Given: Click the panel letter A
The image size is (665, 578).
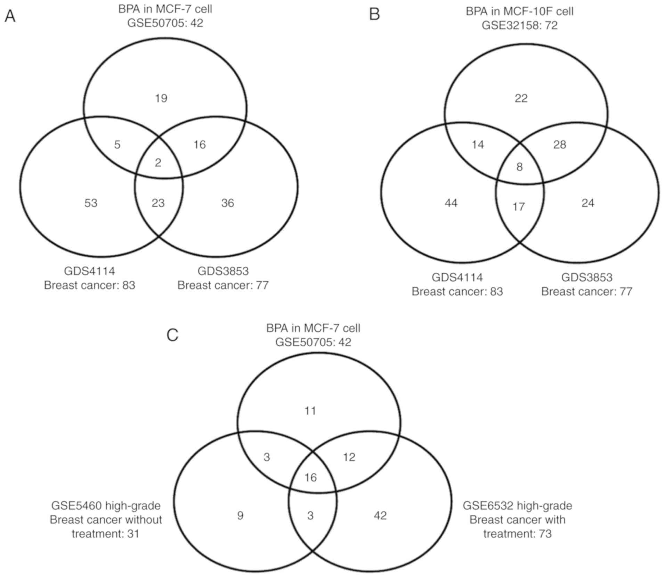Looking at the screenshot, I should click(10, 16).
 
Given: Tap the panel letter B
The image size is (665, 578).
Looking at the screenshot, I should click(374, 15).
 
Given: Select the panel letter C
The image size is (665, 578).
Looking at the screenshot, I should click(172, 335).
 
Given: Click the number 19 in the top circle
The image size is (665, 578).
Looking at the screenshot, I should click(161, 98).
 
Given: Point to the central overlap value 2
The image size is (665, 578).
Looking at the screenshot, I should click(158, 163).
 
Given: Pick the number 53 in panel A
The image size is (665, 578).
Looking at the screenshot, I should click(91, 203).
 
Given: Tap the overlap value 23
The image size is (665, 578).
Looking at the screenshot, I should click(158, 203).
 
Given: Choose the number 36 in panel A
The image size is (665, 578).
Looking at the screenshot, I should click(228, 203).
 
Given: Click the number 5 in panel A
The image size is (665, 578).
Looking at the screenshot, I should click(117, 144).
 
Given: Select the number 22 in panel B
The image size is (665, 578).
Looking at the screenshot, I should click(521, 98).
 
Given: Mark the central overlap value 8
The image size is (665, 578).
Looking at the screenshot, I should click(519, 167).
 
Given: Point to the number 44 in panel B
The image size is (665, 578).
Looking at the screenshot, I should click(451, 203).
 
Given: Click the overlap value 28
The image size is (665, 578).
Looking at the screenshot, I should click(560, 144).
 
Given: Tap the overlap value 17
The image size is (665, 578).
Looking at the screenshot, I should click(519, 207).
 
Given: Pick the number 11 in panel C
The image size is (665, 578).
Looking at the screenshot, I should click(310, 411).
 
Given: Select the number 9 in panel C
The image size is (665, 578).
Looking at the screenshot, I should click(240, 515).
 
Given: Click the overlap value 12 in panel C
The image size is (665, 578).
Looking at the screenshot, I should click(349, 457).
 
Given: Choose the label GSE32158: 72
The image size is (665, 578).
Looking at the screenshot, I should click(519, 25).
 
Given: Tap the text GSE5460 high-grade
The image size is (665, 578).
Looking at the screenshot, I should click(106, 505).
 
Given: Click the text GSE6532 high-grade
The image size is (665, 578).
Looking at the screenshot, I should click(517, 505).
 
